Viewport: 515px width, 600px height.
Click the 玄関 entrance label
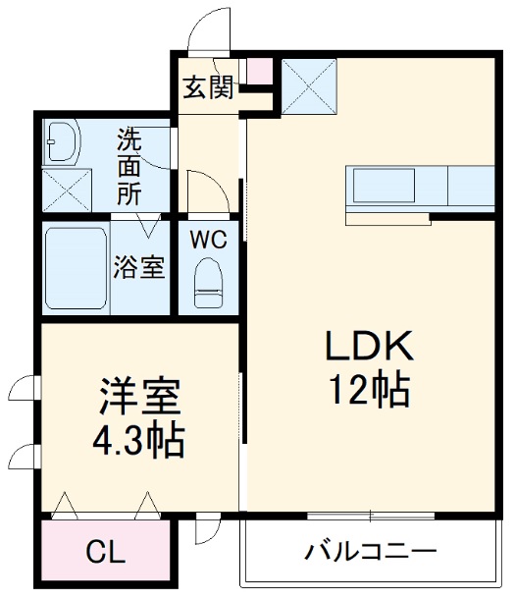[207, 88]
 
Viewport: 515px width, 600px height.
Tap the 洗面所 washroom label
[129, 165]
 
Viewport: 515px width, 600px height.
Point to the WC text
[208, 239]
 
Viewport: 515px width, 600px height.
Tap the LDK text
[371, 346]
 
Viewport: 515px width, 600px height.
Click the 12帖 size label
[371, 392]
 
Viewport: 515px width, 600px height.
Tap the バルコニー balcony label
[370, 551]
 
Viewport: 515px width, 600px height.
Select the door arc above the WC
[206, 192]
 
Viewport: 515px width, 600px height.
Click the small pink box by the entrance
[258, 72]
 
